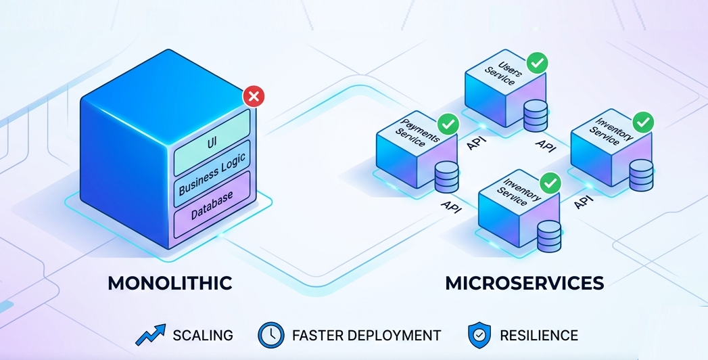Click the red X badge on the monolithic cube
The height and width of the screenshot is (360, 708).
pos(254,97)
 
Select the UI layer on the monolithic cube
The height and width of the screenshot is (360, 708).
pos(212,143)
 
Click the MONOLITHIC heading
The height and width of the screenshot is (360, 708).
pos(170,283)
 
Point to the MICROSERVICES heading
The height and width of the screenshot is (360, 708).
pos(524,283)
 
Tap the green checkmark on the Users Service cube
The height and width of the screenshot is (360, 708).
pos(538,63)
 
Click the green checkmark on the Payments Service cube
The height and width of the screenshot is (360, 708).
pos(448,124)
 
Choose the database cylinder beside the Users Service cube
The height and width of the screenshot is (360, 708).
pos(535,116)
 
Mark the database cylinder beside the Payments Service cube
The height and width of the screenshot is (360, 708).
pos(446,177)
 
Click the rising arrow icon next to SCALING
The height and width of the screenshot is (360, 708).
pos(151,335)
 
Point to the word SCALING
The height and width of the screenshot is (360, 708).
pos(203,335)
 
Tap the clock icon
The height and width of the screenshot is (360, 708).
pos(270,335)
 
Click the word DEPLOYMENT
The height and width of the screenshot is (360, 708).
pos(398,335)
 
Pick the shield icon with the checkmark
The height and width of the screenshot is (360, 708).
pos(478,335)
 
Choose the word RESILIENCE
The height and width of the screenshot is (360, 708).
pos(539,335)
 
